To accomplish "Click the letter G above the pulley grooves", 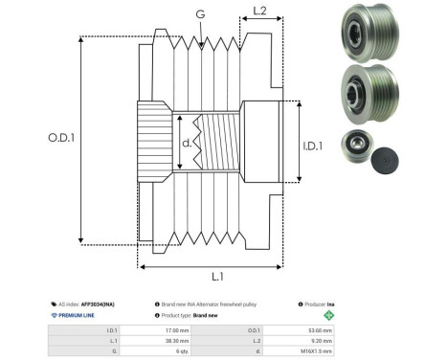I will click(199, 14).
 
